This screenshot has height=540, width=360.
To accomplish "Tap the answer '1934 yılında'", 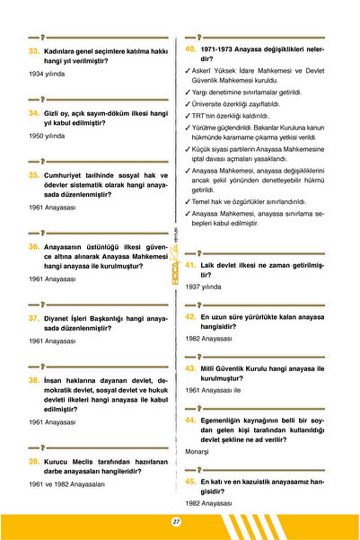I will click(x=47, y=74).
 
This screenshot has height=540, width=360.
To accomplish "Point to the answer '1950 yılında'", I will click(x=47, y=136).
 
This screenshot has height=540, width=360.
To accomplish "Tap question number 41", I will click(x=190, y=267).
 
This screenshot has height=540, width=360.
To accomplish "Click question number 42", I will click(x=190, y=317).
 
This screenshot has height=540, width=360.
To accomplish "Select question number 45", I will click(x=190, y=482).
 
